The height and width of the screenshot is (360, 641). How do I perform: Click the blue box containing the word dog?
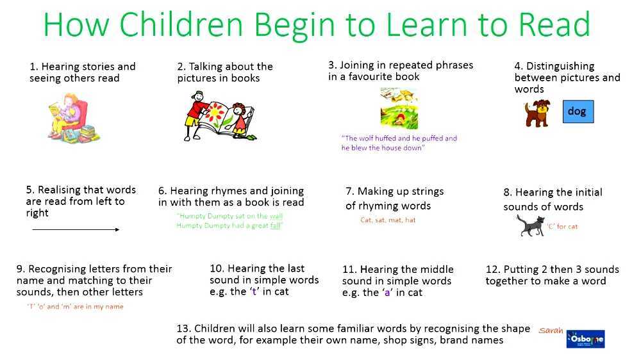[578, 111]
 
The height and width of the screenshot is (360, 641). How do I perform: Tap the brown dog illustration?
[536, 113]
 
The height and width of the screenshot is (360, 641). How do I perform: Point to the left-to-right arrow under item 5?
[75, 229]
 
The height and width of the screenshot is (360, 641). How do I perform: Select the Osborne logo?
[585, 339]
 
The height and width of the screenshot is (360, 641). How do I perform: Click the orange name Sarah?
[551, 331]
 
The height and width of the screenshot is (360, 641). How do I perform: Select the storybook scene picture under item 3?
[399, 108]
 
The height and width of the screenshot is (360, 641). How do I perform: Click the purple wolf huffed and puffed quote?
[399, 143]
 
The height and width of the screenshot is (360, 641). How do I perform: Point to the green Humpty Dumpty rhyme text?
[229, 221]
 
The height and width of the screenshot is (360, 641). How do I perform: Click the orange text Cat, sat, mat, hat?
[388, 220]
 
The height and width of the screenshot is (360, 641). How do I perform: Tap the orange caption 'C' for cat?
[562, 226]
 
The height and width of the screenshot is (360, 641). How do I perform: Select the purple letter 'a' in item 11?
[387, 293]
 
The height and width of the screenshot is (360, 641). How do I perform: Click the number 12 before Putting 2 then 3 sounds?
[492, 269]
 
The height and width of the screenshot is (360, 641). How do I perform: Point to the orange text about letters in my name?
[75, 307]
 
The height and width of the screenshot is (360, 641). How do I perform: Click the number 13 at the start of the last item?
[183, 329]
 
